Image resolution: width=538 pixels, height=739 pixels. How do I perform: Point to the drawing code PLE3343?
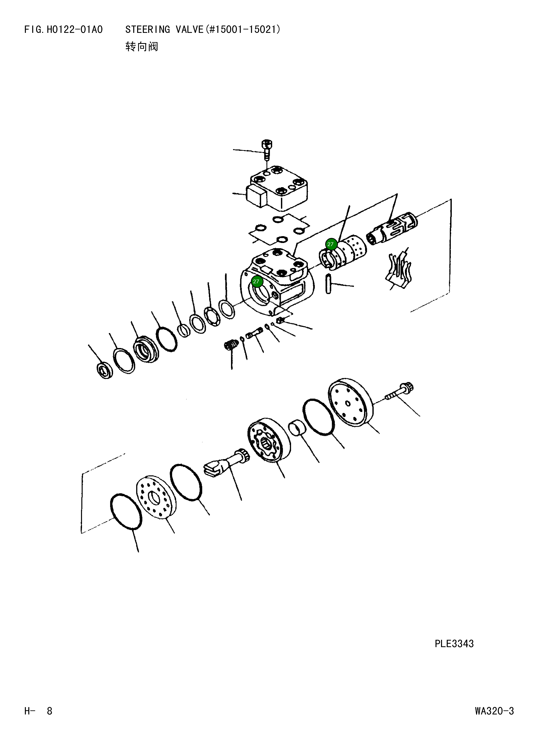pos(454,644)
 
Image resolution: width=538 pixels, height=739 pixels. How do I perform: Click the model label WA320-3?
pos(494,711)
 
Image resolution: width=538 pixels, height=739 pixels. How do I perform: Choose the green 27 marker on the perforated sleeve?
pos(331,244)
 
